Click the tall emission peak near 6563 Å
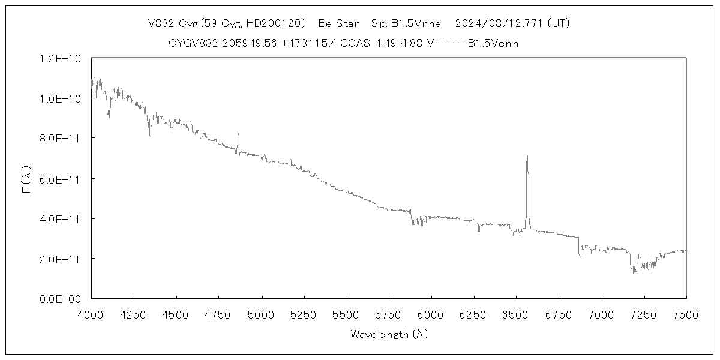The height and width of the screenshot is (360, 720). point(527,157)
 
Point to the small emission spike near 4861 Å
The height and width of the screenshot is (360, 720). point(238,134)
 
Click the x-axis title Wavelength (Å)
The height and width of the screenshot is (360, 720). point(389,334)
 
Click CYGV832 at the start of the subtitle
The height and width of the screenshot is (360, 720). point(190,43)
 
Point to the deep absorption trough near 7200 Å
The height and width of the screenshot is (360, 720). point(634,270)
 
